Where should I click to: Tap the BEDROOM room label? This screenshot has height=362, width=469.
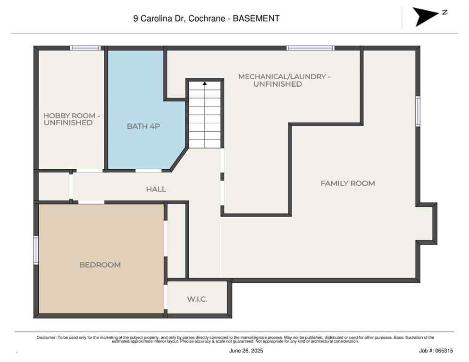click(100, 265)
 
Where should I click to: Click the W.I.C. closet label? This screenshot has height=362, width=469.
click(197, 299)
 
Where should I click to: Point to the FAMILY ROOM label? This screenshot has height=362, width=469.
click(348, 183)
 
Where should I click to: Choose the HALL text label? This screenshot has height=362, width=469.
click(156, 189)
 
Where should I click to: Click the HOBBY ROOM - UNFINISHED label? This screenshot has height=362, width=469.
click(68, 119)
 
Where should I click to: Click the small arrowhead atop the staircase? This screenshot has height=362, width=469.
click(205, 83)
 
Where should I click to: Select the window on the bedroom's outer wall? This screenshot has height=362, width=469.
click(36, 250)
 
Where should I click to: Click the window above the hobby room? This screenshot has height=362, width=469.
click(85, 48)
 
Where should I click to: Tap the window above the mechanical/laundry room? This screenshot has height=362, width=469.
click(310, 48)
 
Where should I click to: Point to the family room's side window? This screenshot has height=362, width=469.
click(418, 111)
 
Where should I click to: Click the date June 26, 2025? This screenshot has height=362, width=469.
click(246, 351)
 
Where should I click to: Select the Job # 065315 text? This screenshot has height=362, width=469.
click(435, 351)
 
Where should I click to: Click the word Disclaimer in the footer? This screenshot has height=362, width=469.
click(46, 337)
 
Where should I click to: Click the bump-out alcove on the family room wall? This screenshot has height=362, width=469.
click(427, 223)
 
